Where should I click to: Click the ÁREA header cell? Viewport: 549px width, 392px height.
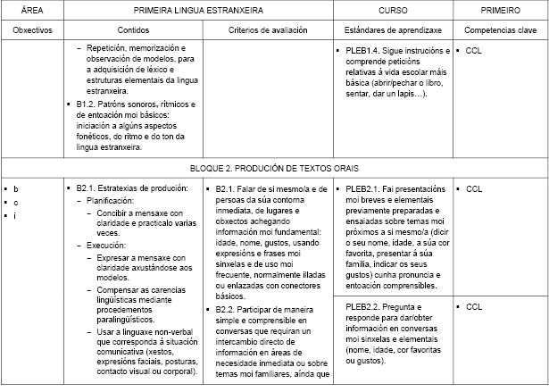32,11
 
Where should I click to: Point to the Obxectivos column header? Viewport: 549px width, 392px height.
32,29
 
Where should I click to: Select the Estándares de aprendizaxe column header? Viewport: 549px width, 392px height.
392,29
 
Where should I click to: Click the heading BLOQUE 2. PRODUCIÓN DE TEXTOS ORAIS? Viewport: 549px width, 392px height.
274,167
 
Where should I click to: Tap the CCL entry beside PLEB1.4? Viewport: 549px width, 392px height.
474,51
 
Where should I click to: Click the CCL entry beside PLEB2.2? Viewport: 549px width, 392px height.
474,306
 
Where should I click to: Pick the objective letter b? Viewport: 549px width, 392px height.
15,188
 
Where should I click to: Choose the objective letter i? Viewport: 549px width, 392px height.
15,215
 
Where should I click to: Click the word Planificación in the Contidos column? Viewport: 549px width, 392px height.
112,201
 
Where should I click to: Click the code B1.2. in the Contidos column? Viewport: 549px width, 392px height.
89,104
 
